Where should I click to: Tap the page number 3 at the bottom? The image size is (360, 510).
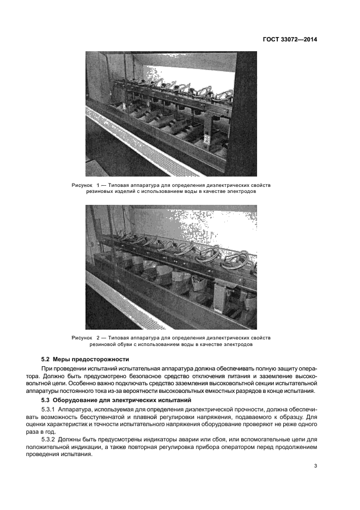pos(316,466)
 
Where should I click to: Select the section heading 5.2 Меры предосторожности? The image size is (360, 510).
pos(85,360)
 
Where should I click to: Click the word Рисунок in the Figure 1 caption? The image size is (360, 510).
pos(83,186)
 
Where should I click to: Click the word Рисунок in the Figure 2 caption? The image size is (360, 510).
pos(83,338)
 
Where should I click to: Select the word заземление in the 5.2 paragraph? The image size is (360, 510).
pos(259,377)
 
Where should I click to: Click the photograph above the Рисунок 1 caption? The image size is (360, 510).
pos(170,114)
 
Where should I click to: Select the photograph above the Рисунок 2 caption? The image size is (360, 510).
pos(170,267)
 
